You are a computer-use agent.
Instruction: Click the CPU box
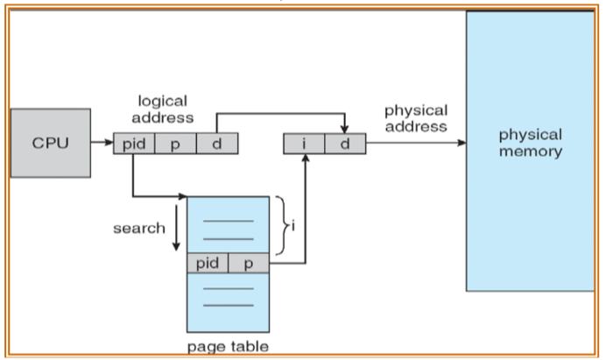(50, 143)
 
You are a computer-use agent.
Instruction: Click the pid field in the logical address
(134, 144)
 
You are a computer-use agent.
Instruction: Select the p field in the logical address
(175, 144)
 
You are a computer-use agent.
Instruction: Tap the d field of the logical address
(216, 144)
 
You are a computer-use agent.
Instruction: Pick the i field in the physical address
(304, 144)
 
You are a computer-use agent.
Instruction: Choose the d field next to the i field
(345, 144)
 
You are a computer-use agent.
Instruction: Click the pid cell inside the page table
(208, 263)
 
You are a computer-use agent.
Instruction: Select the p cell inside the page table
(249, 263)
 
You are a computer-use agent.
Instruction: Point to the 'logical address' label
(163, 109)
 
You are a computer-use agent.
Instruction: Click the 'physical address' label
(415, 118)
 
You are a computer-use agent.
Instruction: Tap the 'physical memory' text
(530, 143)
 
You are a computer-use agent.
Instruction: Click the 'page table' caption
(228, 347)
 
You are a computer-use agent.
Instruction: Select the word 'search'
(138, 229)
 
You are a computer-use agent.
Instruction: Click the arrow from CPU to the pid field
(102, 144)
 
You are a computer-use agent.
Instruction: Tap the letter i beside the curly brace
(292, 224)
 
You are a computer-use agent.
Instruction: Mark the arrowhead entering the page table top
(183, 196)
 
